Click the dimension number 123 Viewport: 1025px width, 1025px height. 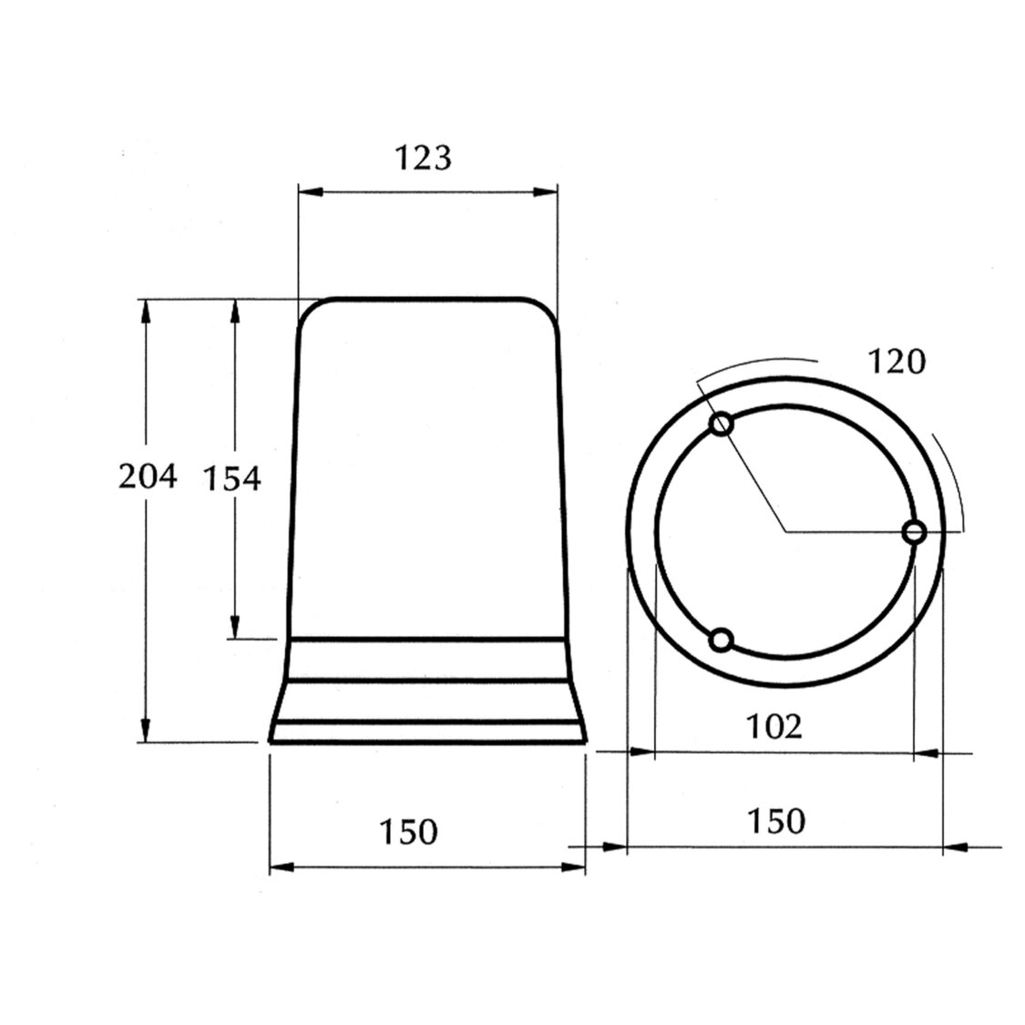tap(423, 159)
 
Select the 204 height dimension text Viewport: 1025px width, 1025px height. tap(148, 477)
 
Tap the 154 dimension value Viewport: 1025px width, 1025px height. tap(231, 477)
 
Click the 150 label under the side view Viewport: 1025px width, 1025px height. tap(409, 831)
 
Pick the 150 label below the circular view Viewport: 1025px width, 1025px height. tap(776, 821)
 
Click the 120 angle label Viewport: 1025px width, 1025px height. tap(895, 362)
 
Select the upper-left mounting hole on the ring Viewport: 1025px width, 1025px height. tap(722, 424)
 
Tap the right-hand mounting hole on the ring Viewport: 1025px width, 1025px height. tap(914, 532)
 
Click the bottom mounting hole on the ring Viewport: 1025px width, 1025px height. tap(722, 641)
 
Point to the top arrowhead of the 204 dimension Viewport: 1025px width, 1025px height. tap(144, 308)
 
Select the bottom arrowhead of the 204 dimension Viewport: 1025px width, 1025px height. tap(144, 731)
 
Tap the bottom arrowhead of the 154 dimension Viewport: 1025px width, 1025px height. tap(234, 628)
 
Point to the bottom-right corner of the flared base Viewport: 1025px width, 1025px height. tap(583, 743)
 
